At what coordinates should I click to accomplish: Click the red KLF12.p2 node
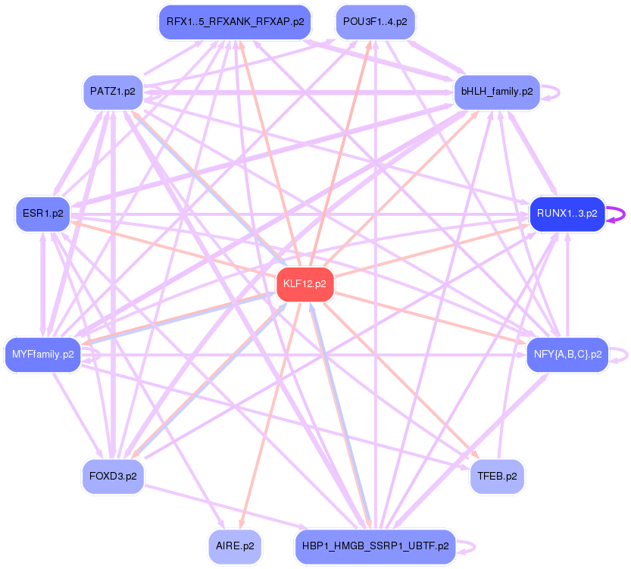click(305, 284)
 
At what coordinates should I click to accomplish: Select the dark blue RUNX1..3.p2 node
click(567, 214)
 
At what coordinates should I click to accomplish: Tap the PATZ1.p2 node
click(112, 92)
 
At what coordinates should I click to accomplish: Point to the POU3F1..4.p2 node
click(374, 22)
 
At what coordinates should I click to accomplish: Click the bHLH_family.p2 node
click(496, 92)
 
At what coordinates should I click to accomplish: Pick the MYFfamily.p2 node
click(42, 354)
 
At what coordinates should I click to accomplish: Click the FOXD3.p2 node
click(112, 477)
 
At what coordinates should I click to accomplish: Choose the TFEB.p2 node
click(497, 477)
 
